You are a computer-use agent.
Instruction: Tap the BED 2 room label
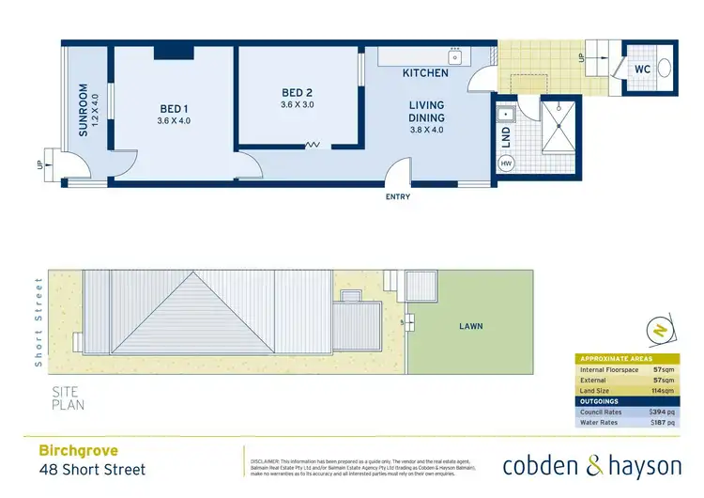[297, 92]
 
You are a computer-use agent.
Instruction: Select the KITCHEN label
[424, 72]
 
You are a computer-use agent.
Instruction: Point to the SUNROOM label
[84, 112]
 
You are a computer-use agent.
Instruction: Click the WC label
[642, 69]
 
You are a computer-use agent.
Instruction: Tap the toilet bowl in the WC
[664, 68]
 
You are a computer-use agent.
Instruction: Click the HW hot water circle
[506, 164]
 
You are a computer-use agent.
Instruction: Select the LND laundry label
[506, 138]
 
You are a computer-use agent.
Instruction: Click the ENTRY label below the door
[397, 196]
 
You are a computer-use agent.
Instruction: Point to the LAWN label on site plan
[470, 326]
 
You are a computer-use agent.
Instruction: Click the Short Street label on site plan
[39, 320]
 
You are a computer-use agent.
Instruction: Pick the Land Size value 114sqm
[661, 391]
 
